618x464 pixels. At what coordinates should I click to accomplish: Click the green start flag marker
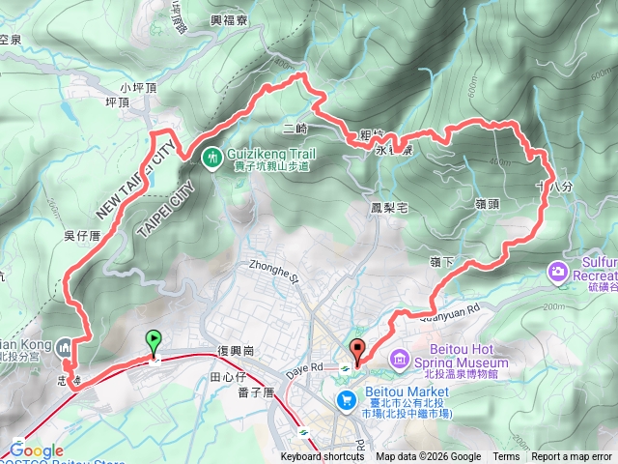click(x=153, y=341)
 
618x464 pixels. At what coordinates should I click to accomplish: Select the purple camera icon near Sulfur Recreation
click(x=558, y=273)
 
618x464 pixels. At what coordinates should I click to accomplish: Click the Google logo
click(x=37, y=450)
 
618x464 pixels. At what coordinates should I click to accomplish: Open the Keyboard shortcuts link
click(x=323, y=457)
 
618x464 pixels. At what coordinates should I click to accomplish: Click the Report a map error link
click(x=572, y=457)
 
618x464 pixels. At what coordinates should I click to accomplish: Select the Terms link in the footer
click(x=506, y=457)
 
